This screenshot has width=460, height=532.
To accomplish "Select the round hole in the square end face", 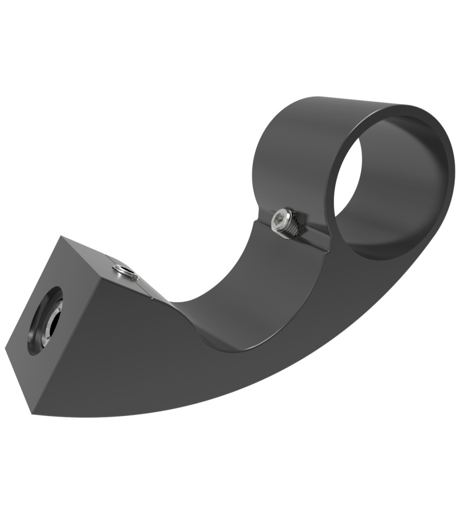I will (x=44, y=320).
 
